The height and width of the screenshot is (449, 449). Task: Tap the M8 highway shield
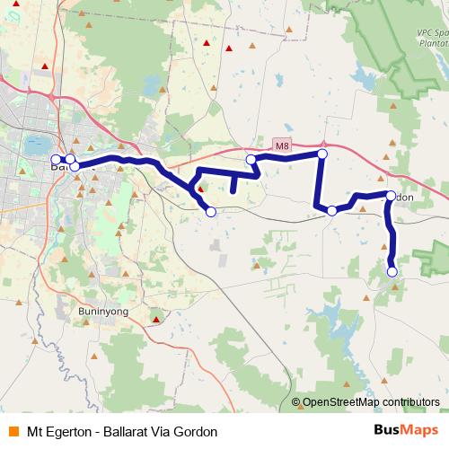(x=283, y=145)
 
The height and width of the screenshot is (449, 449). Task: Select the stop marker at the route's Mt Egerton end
(x=392, y=271)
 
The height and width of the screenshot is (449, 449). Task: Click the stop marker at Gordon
(x=390, y=196)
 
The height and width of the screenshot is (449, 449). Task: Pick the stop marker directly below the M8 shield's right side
(x=322, y=154)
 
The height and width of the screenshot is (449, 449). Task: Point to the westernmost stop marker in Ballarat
(x=56, y=159)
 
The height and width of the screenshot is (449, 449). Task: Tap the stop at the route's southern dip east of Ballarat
(x=211, y=212)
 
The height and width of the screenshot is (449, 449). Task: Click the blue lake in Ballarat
(x=37, y=144)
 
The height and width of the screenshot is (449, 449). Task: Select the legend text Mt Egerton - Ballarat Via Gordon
(x=122, y=431)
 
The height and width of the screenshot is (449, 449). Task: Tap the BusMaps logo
(x=406, y=430)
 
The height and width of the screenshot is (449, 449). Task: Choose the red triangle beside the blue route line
(x=201, y=189)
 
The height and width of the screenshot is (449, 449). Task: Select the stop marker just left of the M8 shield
(x=251, y=159)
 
